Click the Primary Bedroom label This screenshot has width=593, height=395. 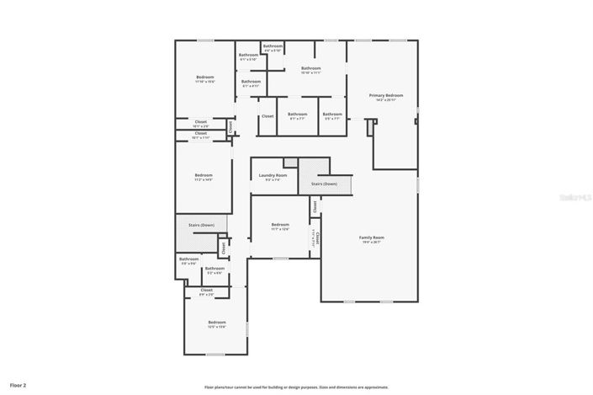(386, 95)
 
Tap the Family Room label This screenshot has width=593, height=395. (371, 238)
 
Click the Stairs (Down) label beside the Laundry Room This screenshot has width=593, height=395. (324, 183)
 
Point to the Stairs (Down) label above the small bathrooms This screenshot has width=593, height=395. (201, 225)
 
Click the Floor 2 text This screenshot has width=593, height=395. (19, 385)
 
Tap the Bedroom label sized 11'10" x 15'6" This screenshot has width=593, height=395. (205, 77)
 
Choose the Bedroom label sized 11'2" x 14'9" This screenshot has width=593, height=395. (204, 175)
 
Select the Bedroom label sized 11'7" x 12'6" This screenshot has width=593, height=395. (280, 224)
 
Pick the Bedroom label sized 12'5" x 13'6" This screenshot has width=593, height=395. (217, 322)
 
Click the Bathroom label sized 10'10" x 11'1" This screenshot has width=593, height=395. (311, 68)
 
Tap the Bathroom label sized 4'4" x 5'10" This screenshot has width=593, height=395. (273, 45)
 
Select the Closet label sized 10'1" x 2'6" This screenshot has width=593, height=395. (201, 121)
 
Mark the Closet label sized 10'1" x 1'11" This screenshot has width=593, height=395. (201, 133)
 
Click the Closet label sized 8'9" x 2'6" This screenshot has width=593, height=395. (206, 290)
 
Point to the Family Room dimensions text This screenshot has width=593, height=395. (371, 243)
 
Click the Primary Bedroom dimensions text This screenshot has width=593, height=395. (386, 100)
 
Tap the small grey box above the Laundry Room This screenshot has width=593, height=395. (290, 162)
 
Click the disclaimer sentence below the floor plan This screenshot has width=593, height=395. (295, 387)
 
